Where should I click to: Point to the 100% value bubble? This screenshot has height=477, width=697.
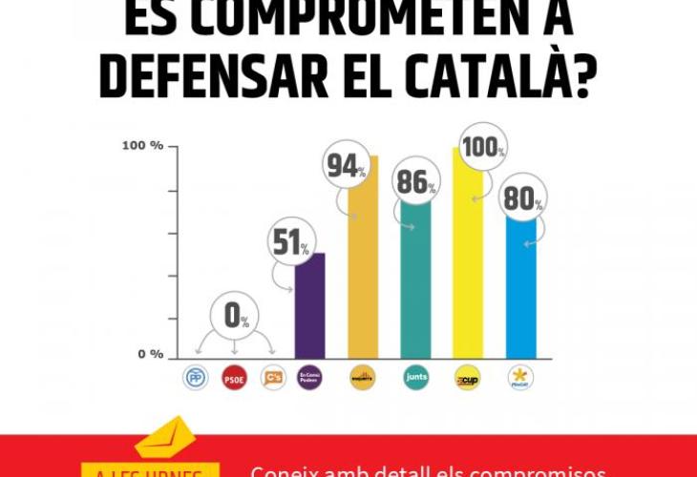coord(482,147)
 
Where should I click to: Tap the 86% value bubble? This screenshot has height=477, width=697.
coord(416,181)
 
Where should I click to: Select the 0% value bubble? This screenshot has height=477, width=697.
coord(234,315)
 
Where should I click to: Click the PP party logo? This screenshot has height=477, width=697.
coord(195,378)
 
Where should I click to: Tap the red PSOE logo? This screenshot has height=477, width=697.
coord(234,378)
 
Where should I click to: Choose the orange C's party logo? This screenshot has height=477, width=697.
coord(273,378)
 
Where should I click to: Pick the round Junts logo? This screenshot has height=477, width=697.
coord(415,378)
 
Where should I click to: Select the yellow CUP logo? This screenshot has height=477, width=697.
coord(467,378)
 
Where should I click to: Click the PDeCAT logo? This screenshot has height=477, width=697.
coord(520,378)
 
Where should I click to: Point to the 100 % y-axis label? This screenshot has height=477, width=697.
coord(142,146)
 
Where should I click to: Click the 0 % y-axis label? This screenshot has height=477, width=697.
coord(151,355)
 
